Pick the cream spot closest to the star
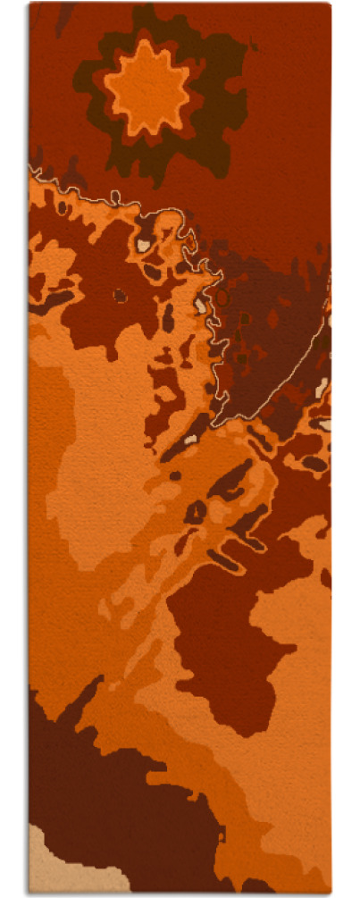pos(144,243)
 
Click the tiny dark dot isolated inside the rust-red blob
pos(120,296)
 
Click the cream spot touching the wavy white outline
pos(200,305)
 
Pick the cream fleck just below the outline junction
pos(190,439)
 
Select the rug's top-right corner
pos(329,5)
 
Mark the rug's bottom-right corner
pos(329,891)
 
